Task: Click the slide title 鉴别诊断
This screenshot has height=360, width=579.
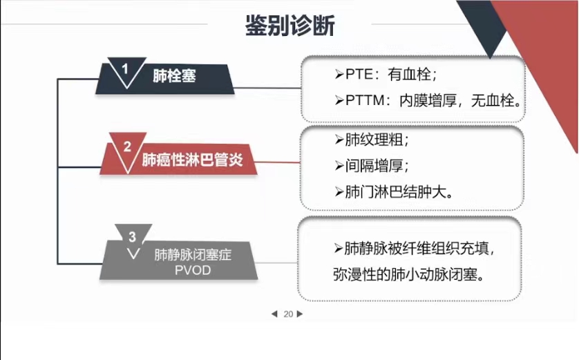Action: coord(290,26)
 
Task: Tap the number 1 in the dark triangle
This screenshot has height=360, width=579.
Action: coord(125,68)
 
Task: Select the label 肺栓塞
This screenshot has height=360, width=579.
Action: coord(174,76)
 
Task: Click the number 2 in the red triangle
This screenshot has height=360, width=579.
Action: coord(127,146)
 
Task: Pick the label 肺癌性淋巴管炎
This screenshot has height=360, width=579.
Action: coord(192,160)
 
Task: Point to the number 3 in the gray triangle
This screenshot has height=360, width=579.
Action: coord(132,237)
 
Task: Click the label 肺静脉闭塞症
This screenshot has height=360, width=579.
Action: coord(193,255)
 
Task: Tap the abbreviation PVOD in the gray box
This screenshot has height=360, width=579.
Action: coord(193,270)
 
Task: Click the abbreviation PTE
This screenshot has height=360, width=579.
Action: coord(359,75)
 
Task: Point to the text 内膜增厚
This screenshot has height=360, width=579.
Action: coord(428,100)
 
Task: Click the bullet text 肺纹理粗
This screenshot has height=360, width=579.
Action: coord(374,140)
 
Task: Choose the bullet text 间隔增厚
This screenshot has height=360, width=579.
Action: coord(374,166)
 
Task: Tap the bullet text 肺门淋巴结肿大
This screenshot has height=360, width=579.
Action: coord(396,192)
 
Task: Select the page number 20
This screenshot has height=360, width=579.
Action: coord(288,314)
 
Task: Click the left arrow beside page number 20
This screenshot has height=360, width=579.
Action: coord(274,314)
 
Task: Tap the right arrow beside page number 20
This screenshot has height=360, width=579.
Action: coord(300,314)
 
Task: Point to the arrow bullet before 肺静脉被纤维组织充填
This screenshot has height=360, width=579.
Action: coord(339,249)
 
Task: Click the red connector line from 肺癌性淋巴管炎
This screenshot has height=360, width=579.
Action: coord(277,162)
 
